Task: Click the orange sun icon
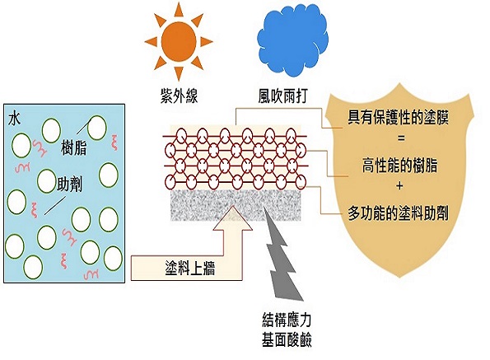point(179,41)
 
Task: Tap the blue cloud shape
point(292,43)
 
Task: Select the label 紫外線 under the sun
point(179,96)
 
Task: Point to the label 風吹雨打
point(283,96)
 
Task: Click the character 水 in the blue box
point(15,119)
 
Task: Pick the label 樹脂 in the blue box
point(74,147)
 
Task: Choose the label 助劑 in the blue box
point(69,185)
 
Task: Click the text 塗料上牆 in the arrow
point(190,268)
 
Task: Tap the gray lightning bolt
point(282,253)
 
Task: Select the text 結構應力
point(287,320)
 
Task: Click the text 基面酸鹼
point(287,339)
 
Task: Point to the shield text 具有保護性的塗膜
point(399,118)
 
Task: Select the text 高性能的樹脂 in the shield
point(399,166)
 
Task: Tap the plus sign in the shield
point(399,186)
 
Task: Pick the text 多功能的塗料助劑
point(399,213)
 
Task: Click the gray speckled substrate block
point(236,205)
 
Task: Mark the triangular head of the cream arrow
point(232,218)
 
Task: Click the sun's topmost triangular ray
point(179,9)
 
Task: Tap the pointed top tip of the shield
point(399,83)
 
